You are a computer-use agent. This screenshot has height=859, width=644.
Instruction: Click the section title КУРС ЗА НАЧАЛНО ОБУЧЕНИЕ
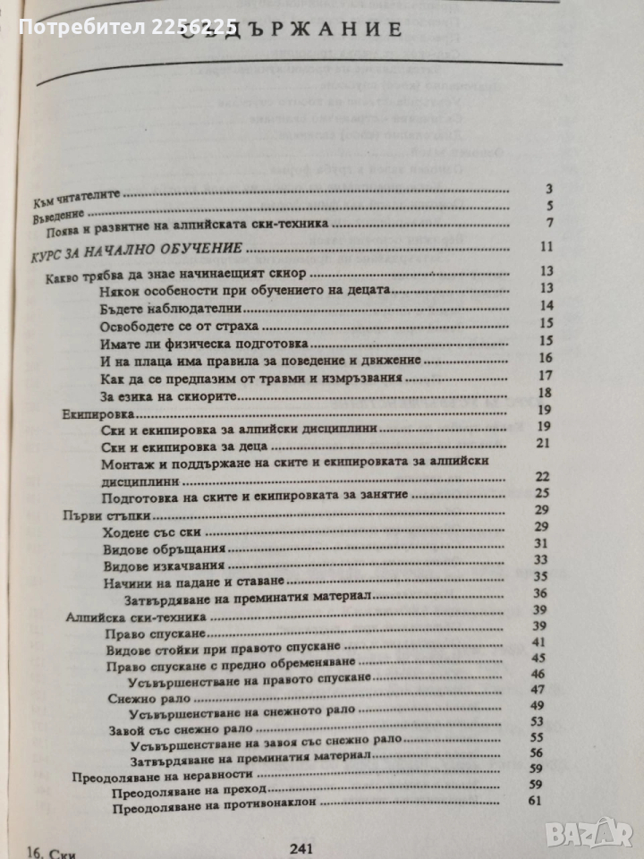130,248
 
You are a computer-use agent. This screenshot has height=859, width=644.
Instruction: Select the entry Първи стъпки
99,517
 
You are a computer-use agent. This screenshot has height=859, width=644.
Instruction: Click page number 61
537,800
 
